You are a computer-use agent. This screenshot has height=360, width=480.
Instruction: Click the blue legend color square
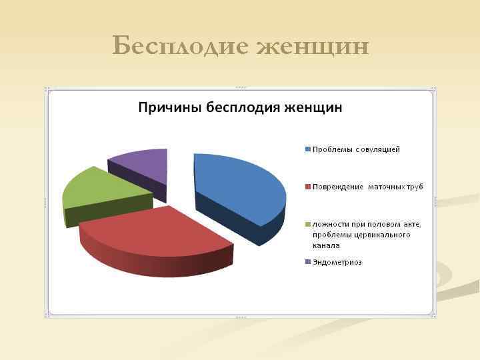tap(307, 149)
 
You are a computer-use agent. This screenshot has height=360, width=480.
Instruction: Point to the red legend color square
tap(307, 187)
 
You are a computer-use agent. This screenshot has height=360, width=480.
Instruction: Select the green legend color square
tap(307, 224)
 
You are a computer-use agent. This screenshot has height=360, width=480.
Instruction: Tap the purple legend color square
tap(307, 262)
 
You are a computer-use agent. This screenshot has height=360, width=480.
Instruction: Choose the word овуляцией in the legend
tap(379, 149)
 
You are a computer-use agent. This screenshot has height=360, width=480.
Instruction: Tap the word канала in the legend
tap(326, 245)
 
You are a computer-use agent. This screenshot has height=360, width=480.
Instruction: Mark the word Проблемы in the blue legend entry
tap(331, 149)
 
